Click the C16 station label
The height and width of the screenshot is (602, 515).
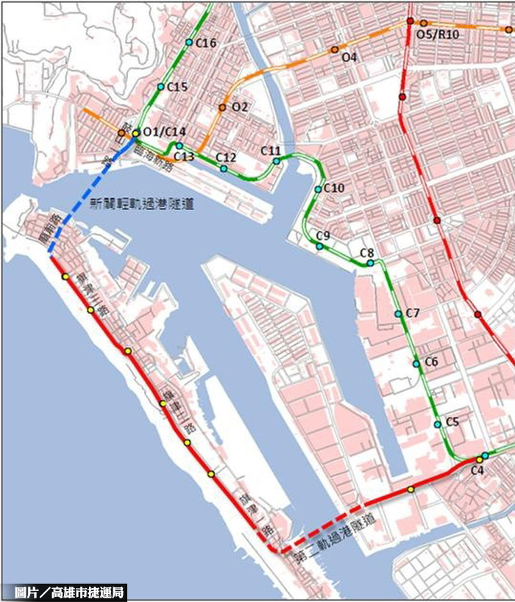[206, 43]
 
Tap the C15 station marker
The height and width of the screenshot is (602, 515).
[160, 87]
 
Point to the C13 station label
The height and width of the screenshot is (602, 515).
[184, 156]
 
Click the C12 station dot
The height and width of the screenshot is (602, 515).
[224, 169]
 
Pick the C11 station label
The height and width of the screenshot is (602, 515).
[271, 150]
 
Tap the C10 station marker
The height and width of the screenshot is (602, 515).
[318, 189]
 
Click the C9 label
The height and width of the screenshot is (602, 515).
[323, 235]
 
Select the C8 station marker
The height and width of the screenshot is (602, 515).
[371, 263]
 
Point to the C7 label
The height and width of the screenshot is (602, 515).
[412, 314]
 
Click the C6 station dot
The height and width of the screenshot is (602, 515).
[416, 363]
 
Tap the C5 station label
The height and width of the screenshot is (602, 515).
[452, 421]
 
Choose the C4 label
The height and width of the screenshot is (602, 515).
[477, 469]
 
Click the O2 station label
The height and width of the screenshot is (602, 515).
[240, 107]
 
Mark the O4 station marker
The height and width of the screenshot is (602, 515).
[335, 49]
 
